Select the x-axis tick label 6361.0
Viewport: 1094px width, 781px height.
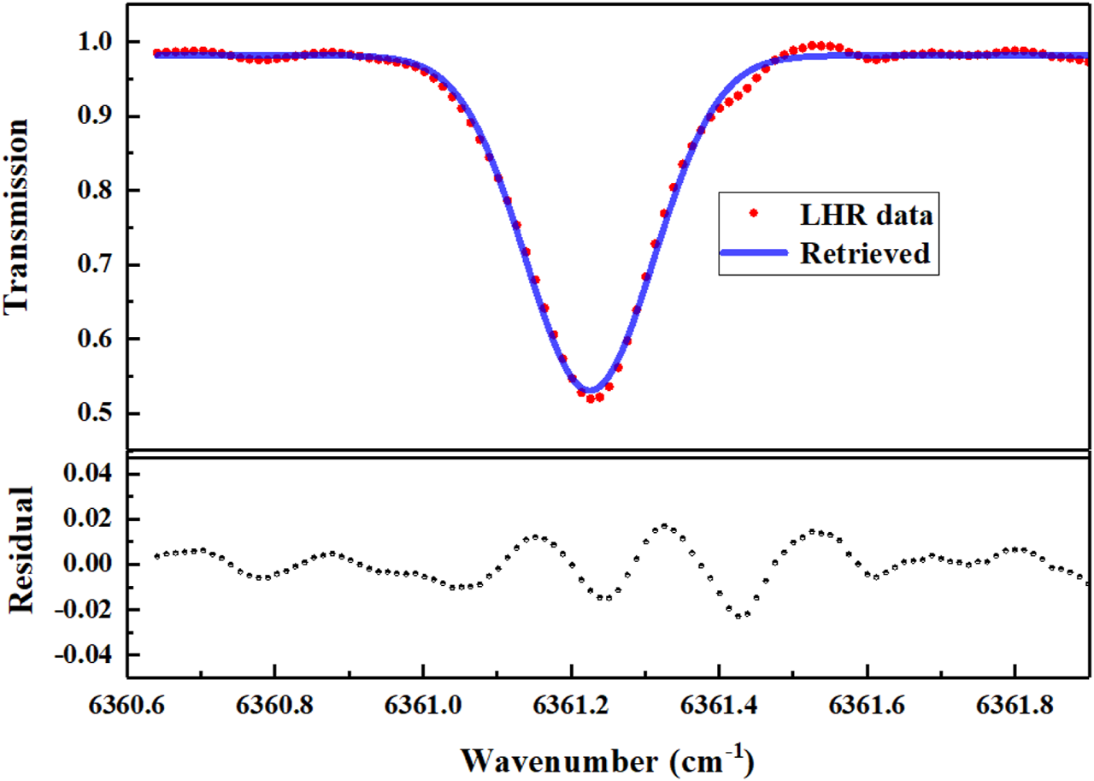tap(422, 707)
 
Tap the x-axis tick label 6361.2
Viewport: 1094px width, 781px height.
tap(571, 707)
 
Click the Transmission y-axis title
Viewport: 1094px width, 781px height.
tap(21, 217)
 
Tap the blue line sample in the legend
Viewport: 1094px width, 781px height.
tap(753, 251)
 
